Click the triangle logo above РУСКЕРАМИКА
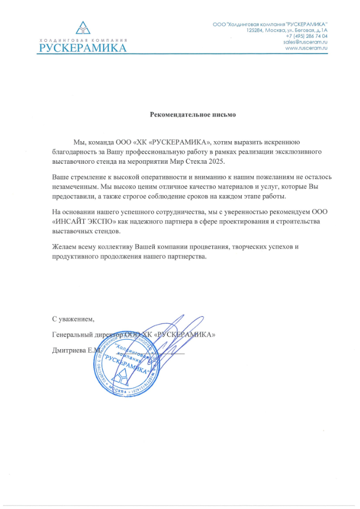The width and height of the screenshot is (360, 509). [82, 28]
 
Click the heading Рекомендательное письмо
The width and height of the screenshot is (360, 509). [193, 114]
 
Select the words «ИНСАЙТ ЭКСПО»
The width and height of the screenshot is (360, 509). [84, 222]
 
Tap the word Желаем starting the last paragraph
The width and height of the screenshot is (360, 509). [64, 247]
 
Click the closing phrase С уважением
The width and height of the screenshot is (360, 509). [73, 319]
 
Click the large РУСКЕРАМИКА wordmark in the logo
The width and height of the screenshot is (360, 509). [83, 48]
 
